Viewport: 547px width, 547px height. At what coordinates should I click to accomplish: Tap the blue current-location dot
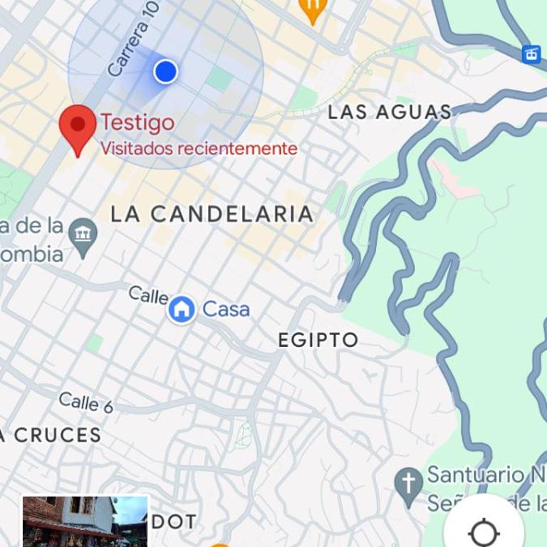click(x=165, y=71)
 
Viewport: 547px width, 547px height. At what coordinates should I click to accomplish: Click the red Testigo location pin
click(x=78, y=127)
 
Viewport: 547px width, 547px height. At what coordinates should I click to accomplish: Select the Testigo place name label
click(x=137, y=123)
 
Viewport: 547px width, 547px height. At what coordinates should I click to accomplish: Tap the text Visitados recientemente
click(x=198, y=148)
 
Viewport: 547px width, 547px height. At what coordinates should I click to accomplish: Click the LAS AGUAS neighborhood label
click(x=390, y=112)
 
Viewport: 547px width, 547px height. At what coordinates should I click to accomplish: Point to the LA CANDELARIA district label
click(x=212, y=214)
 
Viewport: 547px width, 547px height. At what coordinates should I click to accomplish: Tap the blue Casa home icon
click(x=182, y=310)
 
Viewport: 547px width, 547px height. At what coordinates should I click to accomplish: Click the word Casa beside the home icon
click(x=226, y=309)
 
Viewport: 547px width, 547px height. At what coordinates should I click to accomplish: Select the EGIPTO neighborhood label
click(x=318, y=340)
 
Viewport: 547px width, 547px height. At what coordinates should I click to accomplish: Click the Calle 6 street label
click(x=85, y=402)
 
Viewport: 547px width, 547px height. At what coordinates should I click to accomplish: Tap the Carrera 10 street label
click(x=133, y=46)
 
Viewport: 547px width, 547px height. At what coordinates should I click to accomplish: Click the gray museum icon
click(x=84, y=234)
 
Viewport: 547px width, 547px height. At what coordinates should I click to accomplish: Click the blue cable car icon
click(x=531, y=54)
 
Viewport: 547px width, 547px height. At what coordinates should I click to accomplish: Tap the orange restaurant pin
click(x=312, y=10)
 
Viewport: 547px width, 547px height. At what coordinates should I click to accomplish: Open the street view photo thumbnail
click(x=85, y=521)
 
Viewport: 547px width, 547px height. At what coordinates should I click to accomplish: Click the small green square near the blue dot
click(x=219, y=78)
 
